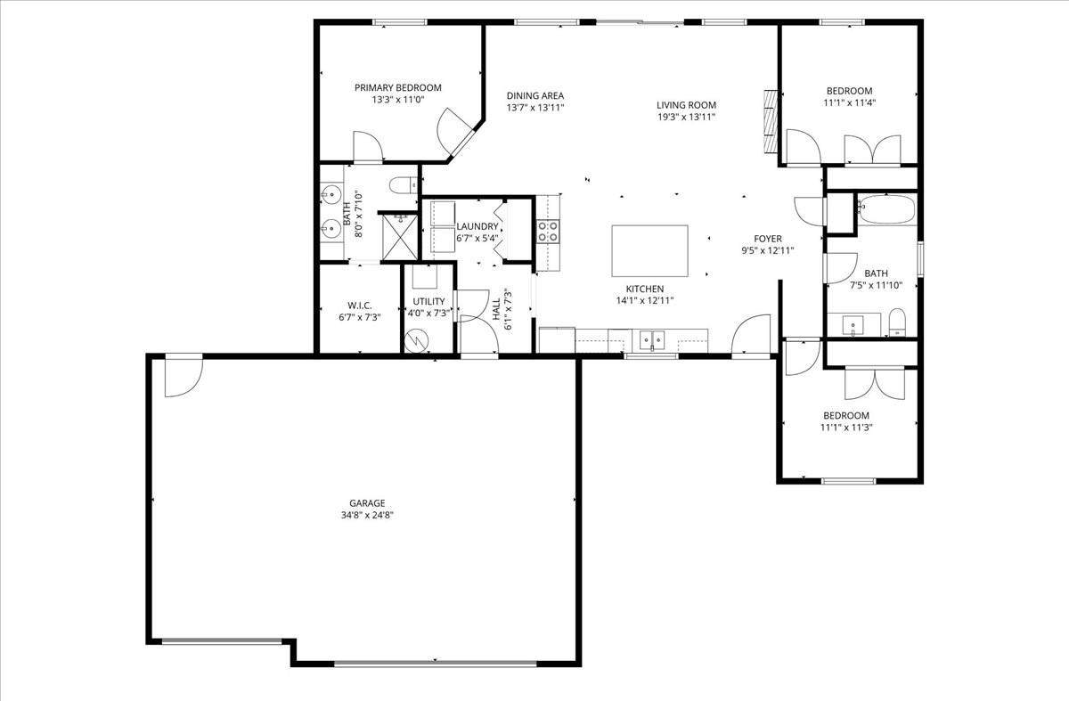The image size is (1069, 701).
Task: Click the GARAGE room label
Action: tap(367, 503)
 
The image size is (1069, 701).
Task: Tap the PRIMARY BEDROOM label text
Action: tap(397, 88)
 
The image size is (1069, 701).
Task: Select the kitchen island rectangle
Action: tap(650, 251)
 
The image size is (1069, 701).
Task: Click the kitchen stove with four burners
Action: tap(549, 232)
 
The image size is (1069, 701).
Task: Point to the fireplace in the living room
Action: tap(770, 121)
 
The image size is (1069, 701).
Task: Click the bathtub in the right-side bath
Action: tap(887, 209)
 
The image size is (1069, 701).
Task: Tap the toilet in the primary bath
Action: tap(404, 185)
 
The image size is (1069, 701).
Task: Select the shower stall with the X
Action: tap(400, 237)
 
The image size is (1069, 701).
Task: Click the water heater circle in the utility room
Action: tap(416, 341)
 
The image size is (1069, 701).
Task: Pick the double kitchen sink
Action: tap(651, 340)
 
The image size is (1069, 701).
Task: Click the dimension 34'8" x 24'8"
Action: tap(367, 516)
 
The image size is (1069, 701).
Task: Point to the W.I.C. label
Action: tap(359, 306)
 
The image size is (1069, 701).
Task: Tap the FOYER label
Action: tap(768, 239)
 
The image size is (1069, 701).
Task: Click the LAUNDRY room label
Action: tap(477, 226)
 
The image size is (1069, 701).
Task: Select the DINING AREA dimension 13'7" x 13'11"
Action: tap(535, 108)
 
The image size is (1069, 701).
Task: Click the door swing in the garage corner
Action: tap(184, 378)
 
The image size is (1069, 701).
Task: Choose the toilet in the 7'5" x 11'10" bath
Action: tap(898, 322)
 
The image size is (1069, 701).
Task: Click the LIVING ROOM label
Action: tap(686, 105)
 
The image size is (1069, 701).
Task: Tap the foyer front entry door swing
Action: tap(751, 334)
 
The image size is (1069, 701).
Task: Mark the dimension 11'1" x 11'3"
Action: tap(846, 428)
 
